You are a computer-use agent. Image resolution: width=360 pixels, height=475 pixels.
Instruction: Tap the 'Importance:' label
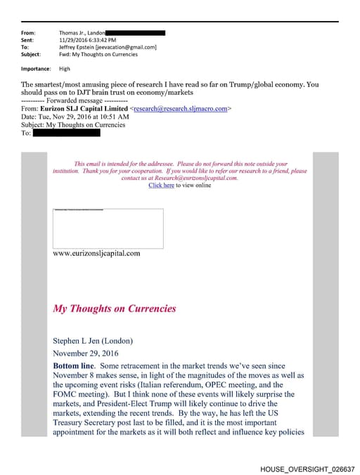click(x=36, y=69)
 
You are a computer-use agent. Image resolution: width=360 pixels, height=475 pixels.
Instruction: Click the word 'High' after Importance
click(x=65, y=69)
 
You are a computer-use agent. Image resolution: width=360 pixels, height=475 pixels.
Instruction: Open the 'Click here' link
click(x=161, y=186)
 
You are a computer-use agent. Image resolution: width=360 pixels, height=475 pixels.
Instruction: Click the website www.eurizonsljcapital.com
click(x=96, y=253)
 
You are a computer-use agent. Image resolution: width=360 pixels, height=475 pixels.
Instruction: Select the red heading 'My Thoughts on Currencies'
click(x=115, y=308)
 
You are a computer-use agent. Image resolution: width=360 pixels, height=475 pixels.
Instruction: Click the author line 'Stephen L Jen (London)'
click(x=93, y=341)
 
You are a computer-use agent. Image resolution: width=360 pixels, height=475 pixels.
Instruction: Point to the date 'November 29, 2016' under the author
click(x=86, y=353)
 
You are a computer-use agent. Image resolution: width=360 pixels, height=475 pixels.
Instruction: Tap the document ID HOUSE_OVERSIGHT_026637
click(x=307, y=469)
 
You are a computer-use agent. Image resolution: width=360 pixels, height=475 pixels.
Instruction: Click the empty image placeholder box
click(x=108, y=228)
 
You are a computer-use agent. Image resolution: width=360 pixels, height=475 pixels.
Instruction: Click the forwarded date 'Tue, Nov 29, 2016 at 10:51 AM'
click(x=82, y=117)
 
